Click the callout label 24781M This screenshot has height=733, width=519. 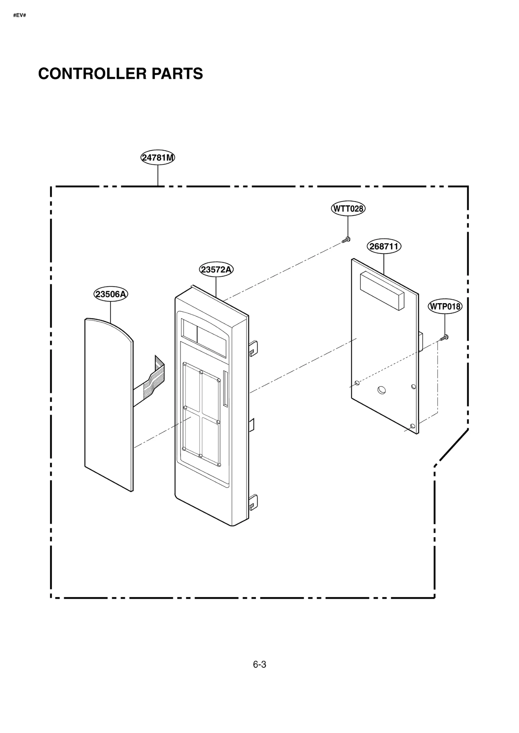158,158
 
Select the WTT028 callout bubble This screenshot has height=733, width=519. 348,208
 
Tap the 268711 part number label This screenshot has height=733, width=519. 384,246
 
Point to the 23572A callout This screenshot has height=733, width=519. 216,269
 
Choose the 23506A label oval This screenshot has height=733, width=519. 111,294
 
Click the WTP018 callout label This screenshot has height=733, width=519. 445,306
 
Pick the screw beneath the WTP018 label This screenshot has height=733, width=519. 444,337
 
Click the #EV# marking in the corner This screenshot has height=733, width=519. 19,15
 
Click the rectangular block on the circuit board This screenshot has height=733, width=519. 382,290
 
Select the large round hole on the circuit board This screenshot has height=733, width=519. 381,390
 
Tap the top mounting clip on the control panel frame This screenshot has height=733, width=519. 253,347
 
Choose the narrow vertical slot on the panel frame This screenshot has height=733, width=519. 225,388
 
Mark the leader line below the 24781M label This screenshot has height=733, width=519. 158,175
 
